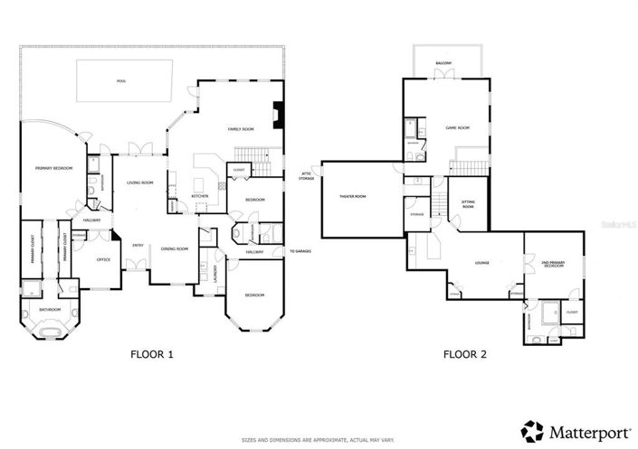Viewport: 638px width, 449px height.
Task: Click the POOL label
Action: (121, 81)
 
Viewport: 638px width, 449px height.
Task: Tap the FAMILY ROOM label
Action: (238, 130)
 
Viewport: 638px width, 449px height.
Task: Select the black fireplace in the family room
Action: (279, 115)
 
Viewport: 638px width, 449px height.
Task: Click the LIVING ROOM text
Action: (139, 182)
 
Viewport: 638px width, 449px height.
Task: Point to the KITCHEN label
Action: (200, 196)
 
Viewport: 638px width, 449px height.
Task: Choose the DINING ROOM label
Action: (175, 248)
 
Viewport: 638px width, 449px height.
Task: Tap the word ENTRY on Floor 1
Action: (138, 245)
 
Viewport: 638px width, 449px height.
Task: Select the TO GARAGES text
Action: (300, 251)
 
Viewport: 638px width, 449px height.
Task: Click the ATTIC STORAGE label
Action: (306, 177)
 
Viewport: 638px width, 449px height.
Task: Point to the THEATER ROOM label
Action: (352, 197)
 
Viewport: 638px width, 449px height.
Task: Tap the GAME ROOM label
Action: (457, 127)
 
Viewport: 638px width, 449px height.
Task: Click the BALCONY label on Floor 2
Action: (443, 62)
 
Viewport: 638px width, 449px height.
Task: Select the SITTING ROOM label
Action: (468, 205)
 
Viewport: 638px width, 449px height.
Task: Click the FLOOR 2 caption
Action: (464, 355)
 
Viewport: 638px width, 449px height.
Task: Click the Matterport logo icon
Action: (532, 430)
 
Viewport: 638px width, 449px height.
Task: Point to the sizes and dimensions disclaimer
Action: (319, 440)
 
